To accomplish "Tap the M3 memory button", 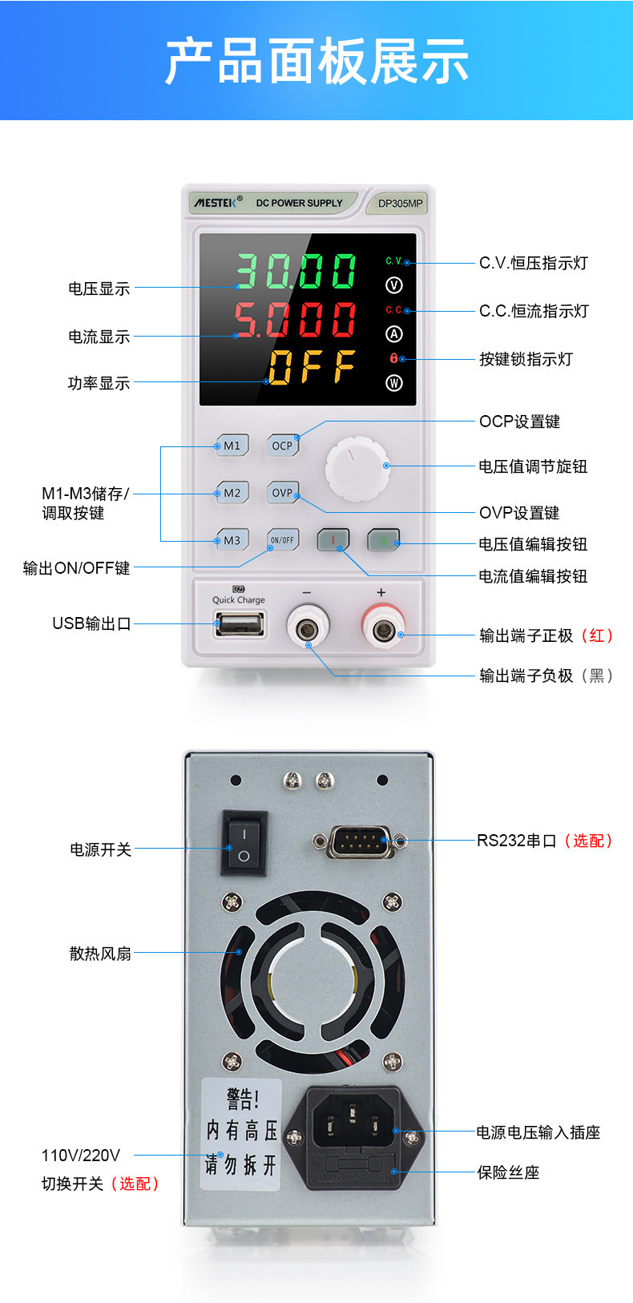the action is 232,540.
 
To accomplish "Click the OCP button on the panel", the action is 282,446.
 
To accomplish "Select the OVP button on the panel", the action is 282,493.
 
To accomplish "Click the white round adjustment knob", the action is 357,469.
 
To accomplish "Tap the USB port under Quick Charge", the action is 240,623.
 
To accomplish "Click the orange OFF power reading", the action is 312,367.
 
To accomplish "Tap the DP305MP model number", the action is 400,204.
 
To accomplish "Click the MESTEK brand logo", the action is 216,203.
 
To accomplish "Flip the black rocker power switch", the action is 244,843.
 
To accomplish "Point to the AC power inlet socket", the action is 353,1121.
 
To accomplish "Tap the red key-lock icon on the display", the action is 393,358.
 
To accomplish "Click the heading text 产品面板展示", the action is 316,61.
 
